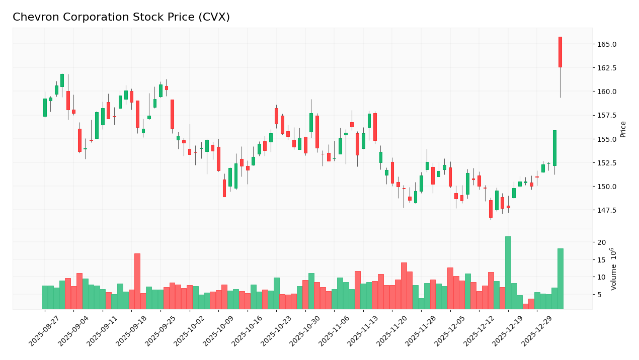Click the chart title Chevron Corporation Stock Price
pos(121,18)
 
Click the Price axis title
pos(623,129)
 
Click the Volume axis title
pos(614,269)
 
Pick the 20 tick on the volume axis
pos(601,242)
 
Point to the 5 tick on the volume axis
pos(599,295)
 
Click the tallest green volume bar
pos(508,273)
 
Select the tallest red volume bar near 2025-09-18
pos(137,281)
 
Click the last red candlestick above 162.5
pos(560,52)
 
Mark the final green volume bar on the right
pos(560,279)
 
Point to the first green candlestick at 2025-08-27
pos(45,108)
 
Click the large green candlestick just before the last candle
pos(554,148)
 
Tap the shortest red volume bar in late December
pos(525,306)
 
